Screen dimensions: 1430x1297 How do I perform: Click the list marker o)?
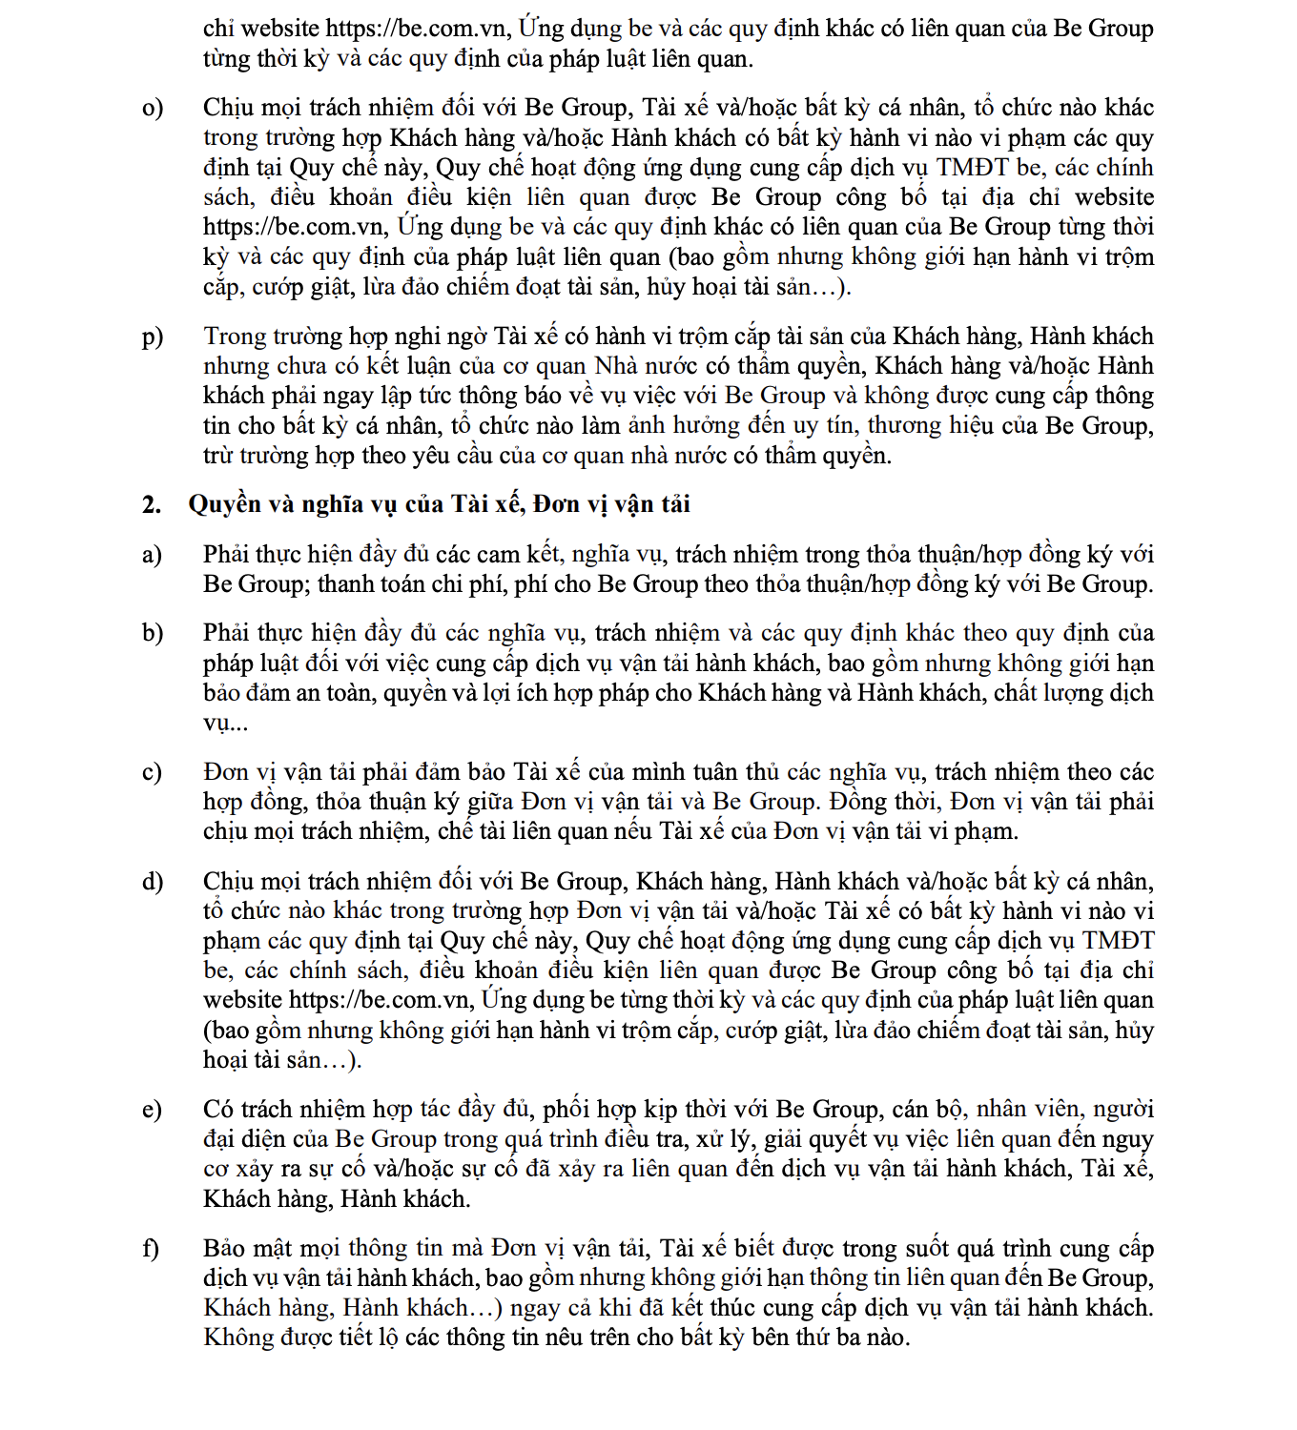[153, 108]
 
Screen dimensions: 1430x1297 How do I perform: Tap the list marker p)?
[153, 337]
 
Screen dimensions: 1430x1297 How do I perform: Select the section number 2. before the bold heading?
[152, 504]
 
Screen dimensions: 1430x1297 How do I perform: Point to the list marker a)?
[152, 555]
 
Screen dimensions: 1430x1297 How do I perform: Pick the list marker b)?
[153, 633]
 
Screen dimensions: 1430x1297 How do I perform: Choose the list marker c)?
[152, 772]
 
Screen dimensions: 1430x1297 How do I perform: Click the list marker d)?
[153, 882]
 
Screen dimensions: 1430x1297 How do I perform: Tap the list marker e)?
[152, 1110]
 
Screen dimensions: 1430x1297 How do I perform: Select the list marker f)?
[151, 1249]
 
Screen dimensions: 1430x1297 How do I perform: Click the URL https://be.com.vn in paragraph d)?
[381, 1000]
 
